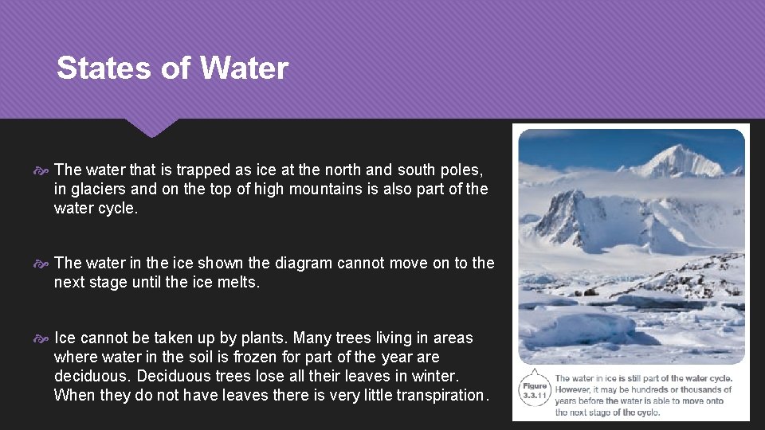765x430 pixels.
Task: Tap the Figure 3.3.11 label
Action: coord(535,390)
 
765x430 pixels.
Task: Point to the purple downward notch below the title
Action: coord(151,127)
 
